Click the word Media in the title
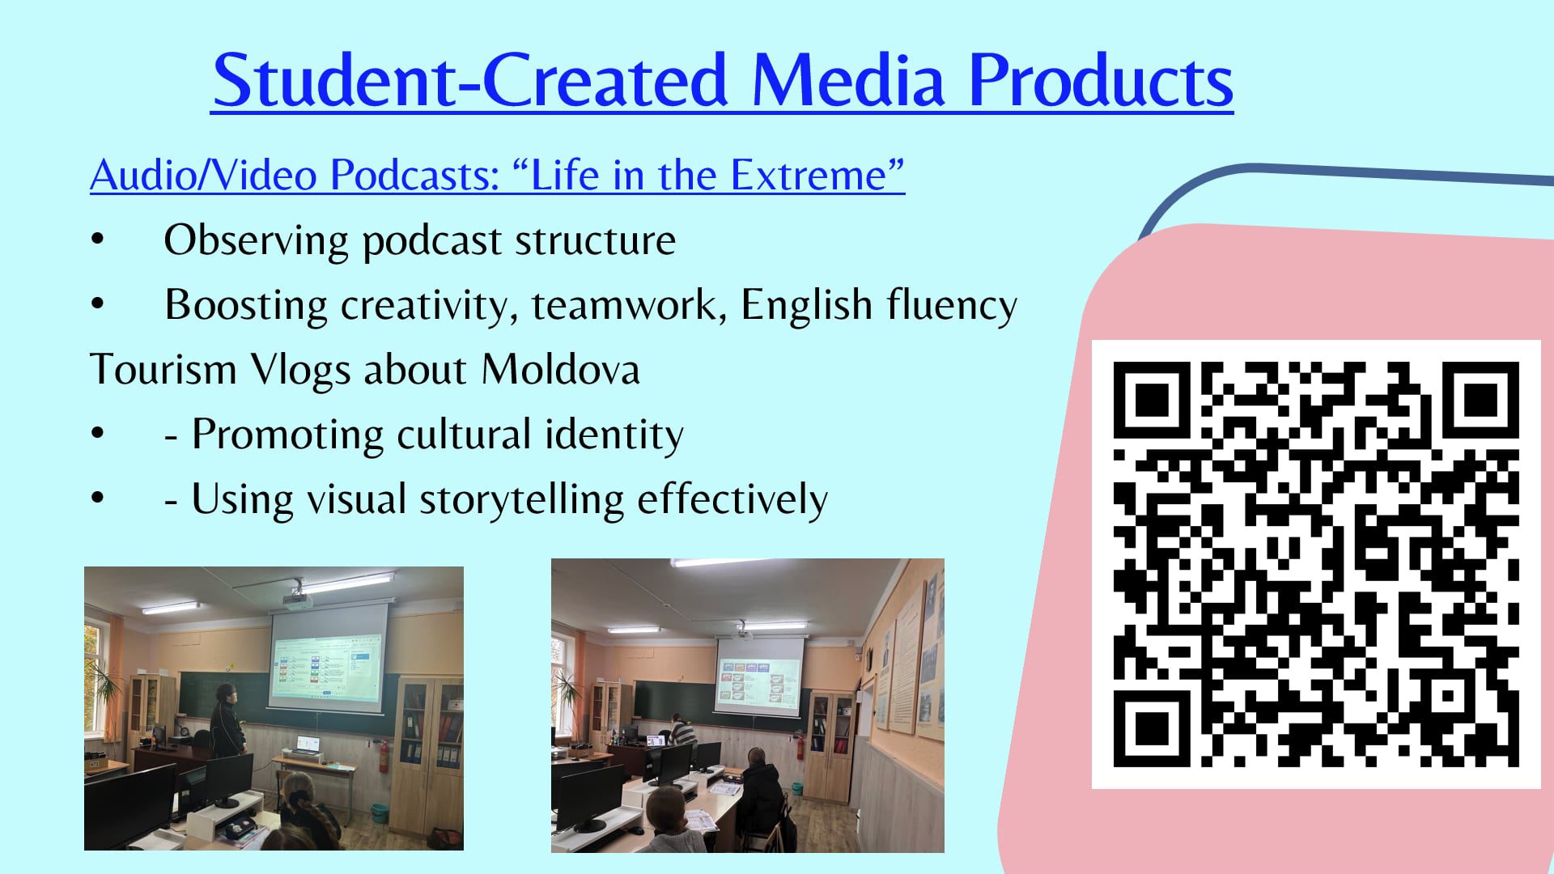tap(848, 80)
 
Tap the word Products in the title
tap(1101, 80)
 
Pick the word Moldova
tap(560, 369)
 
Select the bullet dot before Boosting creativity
tap(98, 304)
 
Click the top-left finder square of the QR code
tap(1153, 401)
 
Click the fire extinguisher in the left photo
tap(384, 755)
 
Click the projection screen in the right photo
tap(759, 677)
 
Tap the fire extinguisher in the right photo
tap(800, 745)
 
